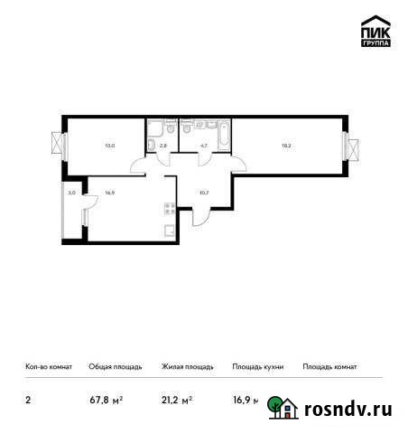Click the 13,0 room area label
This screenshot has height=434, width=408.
[x=109, y=144]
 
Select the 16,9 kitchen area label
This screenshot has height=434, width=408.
[x=109, y=192]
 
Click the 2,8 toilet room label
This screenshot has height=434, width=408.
[x=162, y=144]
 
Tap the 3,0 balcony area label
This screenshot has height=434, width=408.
[x=72, y=192]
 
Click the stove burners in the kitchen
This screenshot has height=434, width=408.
[x=169, y=210]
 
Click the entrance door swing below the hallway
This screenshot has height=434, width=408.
[x=200, y=220]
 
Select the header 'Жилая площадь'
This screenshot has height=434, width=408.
[x=187, y=367]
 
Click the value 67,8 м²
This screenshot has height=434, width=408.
[x=106, y=399]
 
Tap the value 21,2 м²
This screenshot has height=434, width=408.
[x=178, y=399]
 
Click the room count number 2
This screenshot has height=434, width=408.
[x=28, y=399]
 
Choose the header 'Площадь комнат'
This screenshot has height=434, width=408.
[x=329, y=367]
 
